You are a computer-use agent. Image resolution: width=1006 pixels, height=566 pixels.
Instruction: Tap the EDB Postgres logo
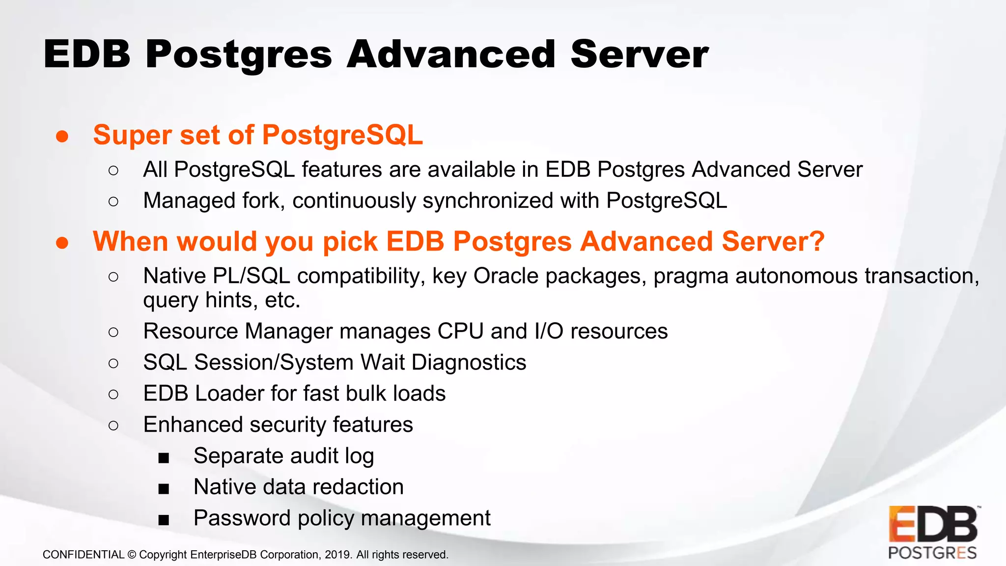coord(932,533)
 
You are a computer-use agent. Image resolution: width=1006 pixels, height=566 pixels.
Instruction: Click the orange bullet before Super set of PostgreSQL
coord(62,136)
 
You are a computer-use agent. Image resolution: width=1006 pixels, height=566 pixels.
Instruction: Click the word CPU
coord(460,331)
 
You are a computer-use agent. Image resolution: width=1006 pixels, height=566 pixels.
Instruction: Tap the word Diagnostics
coord(469,363)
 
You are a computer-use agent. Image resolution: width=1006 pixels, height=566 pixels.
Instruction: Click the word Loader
coord(229,394)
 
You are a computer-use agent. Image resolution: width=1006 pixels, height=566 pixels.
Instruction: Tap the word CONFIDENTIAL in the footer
coord(84,555)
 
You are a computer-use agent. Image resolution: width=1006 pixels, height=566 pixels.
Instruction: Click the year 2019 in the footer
coord(337,555)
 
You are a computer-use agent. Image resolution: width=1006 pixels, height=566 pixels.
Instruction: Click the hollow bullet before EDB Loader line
coord(113,394)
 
